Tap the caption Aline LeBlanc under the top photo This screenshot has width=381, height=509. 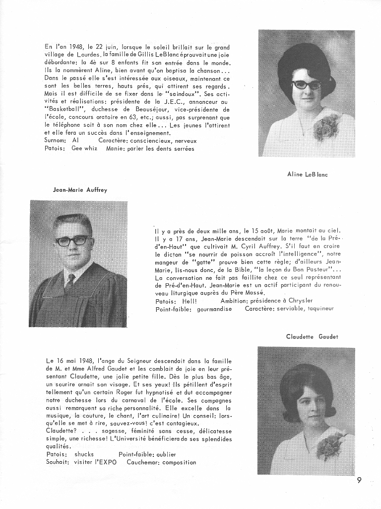(307, 174)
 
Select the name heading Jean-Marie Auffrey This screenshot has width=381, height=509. (80, 189)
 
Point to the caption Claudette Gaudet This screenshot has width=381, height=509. (312, 337)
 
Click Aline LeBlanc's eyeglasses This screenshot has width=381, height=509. (306, 85)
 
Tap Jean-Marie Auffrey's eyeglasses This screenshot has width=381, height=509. (73, 241)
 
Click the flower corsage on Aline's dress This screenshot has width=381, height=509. (325, 127)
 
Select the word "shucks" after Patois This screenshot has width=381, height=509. (84, 454)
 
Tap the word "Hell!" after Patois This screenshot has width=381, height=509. (190, 301)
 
